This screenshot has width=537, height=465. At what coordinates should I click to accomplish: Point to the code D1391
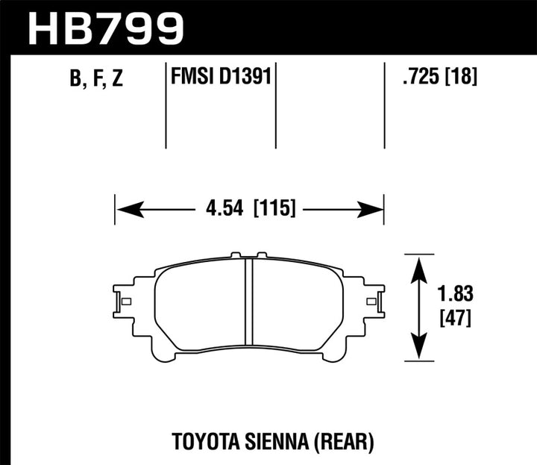(245, 76)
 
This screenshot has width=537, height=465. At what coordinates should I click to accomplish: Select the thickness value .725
(415, 76)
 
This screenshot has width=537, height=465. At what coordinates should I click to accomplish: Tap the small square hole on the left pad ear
(125, 302)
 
